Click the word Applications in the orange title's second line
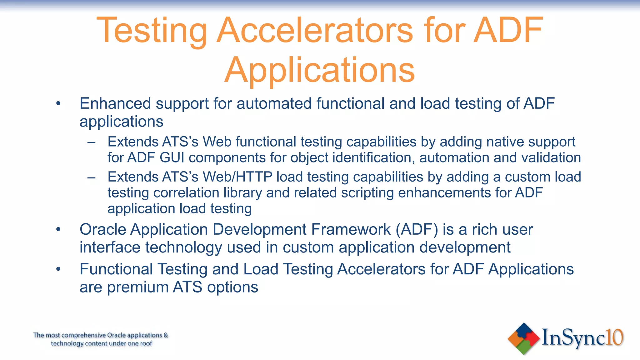(x=319, y=71)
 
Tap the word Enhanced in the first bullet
(x=115, y=103)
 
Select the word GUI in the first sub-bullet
(x=172, y=157)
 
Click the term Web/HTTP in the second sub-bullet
(x=237, y=177)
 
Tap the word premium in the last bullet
(x=138, y=287)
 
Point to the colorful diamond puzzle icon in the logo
(x=523, y=339)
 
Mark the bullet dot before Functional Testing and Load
(x=58, y=269)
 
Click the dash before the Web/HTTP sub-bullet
(x=91, y=177)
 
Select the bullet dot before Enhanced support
(x=58, y=103)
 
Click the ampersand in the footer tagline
(x=166, y=335)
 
